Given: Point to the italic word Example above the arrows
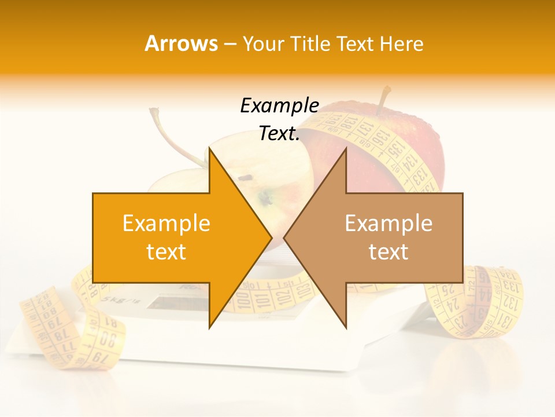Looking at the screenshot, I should click(x=279, y=106).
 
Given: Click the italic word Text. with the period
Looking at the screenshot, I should click(x=279, y=134).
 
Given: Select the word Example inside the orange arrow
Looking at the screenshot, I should click(x=166, y=223).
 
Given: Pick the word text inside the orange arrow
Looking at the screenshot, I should click(x=166, y=251).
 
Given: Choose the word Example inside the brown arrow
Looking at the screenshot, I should click(x=388, y=223).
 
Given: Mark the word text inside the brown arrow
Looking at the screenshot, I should click(x=388, y=251).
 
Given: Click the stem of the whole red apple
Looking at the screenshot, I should click(x=383, y=98).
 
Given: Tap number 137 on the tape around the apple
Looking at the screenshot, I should click(x=364, y=128).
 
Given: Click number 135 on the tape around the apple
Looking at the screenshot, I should click(x=395, y=150).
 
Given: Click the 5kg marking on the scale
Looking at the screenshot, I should click(x=112, y=301).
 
